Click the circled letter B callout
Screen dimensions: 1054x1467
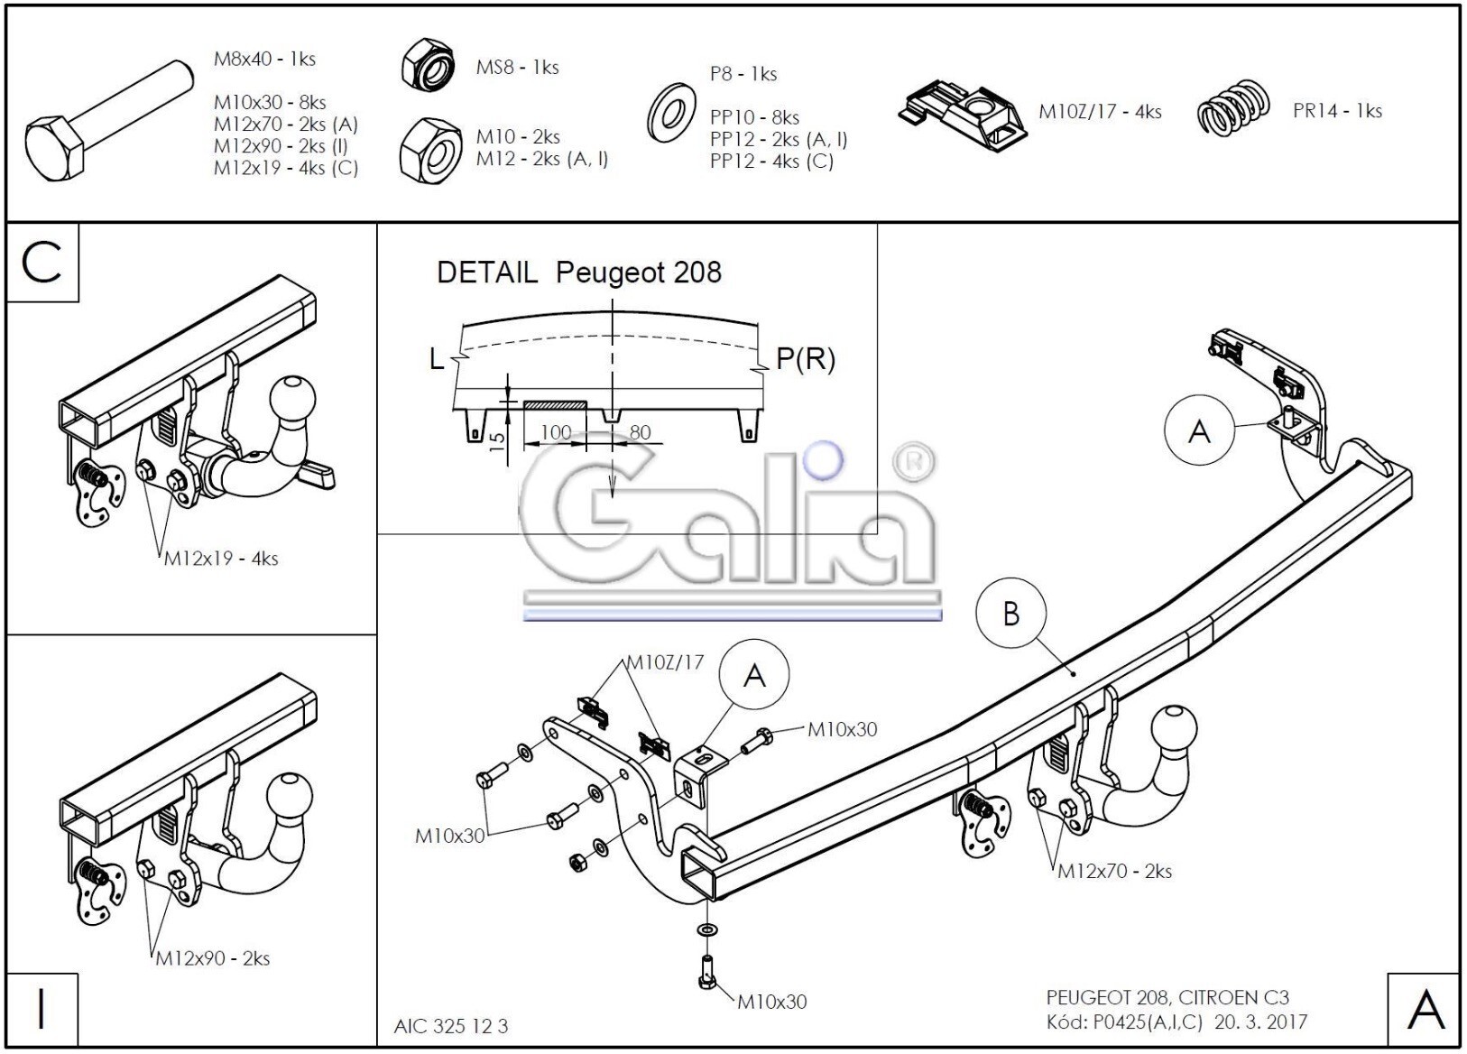click(x=1010, y=614)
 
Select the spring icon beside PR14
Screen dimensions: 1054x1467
click(x=1233, y=108)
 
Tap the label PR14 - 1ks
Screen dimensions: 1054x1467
click(x=1336, y=111)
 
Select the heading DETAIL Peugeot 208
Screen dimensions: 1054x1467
click(x=578, y=273)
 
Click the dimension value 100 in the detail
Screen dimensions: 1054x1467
click(x=556, y=432)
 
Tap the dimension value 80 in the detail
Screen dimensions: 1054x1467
click(x=640, y=432)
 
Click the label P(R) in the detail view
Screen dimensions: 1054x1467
click(x=805, y=359)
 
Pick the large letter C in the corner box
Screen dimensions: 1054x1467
click(x=42, y=263)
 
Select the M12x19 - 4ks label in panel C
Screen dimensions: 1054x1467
click(x=221, y=559)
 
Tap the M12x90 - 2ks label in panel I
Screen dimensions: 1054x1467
click(x=212, y=958)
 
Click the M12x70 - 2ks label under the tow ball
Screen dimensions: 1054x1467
click(x=1114, y=871)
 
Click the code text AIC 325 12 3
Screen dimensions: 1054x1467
click(x=451, y=1026)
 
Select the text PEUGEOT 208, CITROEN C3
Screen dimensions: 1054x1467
click(x=1167, y=997)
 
